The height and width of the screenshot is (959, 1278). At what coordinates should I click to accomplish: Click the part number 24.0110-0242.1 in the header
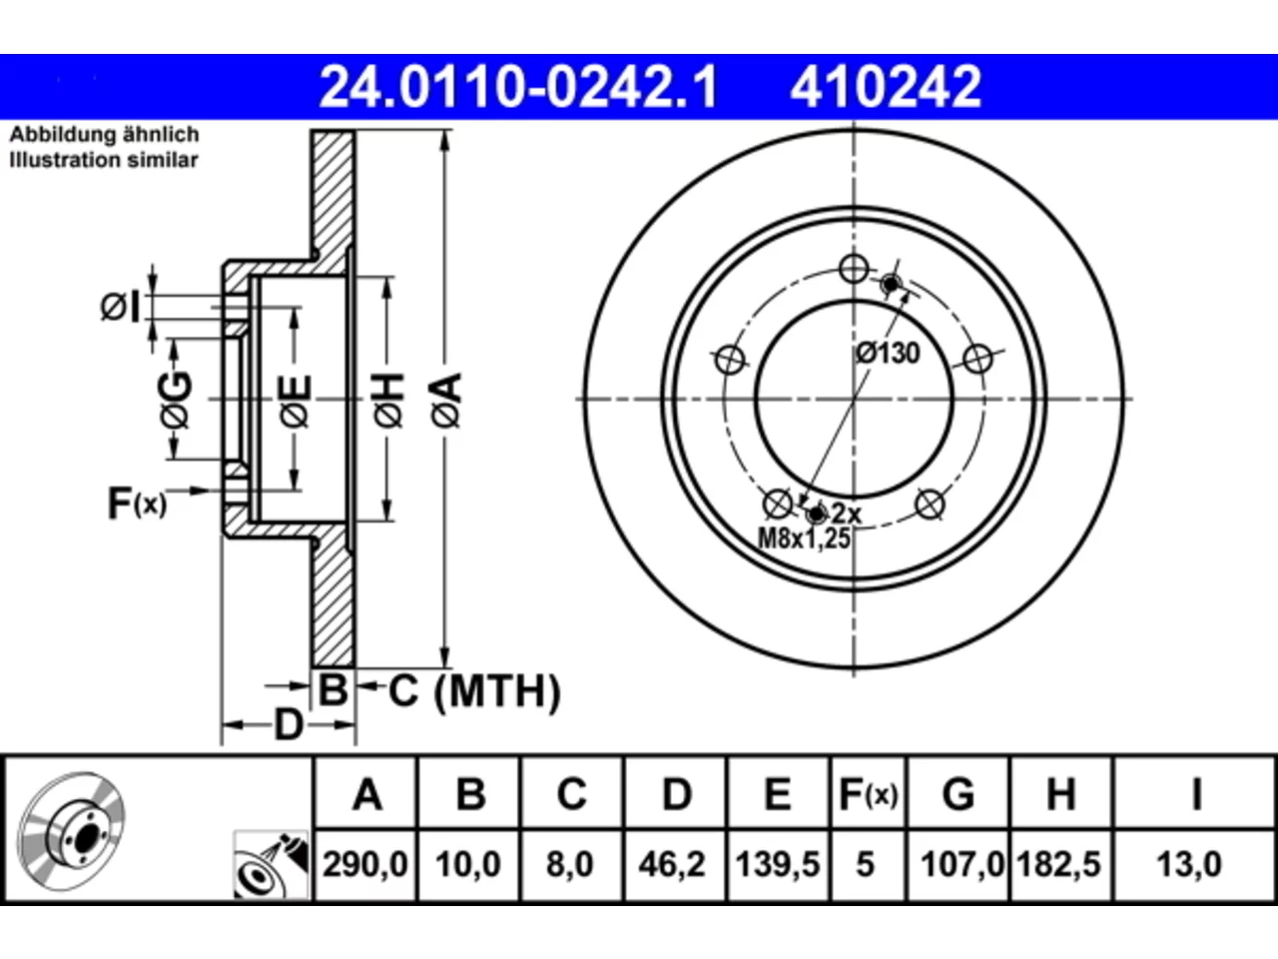pos(518,87)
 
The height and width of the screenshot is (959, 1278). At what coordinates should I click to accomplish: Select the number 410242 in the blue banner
pos(886,87)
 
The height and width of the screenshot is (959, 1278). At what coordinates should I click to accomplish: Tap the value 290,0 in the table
pos(365,864)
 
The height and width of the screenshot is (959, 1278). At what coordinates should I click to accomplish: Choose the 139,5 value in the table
pos(778,864)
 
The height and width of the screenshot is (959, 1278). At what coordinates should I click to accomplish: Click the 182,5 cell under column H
pos(1058,864)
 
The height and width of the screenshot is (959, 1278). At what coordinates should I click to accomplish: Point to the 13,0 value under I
pos(1189,864)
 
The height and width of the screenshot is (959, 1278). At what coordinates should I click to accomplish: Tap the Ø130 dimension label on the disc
pos(888,354)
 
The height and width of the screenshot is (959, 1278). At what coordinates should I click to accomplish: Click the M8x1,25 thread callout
pos(804,538)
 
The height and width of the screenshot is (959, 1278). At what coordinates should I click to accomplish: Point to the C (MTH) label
pos(474,691)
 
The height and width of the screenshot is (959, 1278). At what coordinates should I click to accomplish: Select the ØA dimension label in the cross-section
pos(446,400)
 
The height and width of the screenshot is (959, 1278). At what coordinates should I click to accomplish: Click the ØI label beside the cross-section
pos(120,307)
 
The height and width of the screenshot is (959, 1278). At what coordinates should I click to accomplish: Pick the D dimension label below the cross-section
pos(289,724)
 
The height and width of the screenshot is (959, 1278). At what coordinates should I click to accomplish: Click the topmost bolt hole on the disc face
pos(854,269)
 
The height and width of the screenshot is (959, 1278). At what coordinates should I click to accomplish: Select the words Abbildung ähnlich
pos(104,135)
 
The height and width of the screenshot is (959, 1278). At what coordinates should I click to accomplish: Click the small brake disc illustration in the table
pos(71,831)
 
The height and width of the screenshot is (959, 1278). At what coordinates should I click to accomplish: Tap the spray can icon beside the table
pos(271,864)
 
